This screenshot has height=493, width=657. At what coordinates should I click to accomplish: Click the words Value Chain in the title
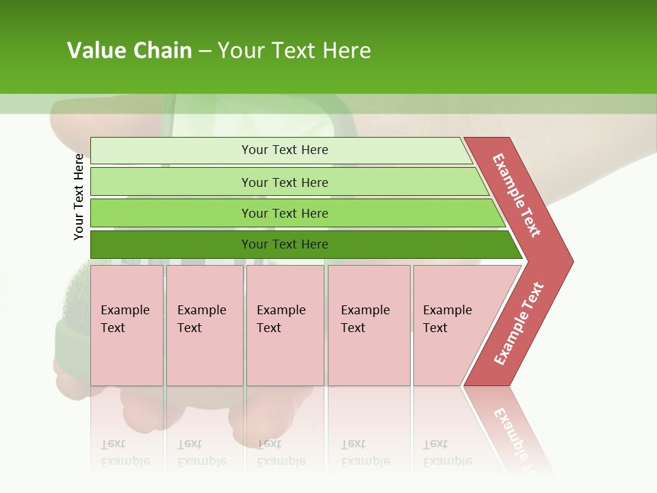tap(129, 51)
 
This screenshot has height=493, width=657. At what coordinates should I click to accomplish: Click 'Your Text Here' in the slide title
tap(294, 51)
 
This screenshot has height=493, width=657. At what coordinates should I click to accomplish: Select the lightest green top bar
tap(171, 150)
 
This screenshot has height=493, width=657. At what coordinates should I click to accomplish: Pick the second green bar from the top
tap(171, 182)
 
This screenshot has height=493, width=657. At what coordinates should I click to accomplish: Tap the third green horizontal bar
tap(171, 213)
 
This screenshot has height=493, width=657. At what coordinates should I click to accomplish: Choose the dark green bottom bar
tap(171, 244)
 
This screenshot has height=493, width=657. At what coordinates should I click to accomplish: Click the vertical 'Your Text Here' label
tap(79, 197)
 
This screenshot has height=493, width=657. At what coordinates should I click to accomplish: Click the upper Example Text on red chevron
tap(517, 195)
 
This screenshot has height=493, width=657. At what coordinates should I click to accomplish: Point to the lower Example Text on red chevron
tap(519, 324)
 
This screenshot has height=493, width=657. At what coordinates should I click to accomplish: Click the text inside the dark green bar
tap(285, 244)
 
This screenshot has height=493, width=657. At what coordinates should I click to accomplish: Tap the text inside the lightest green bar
tap(285, 150)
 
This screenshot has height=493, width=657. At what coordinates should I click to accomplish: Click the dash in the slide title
tap(205, 51)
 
